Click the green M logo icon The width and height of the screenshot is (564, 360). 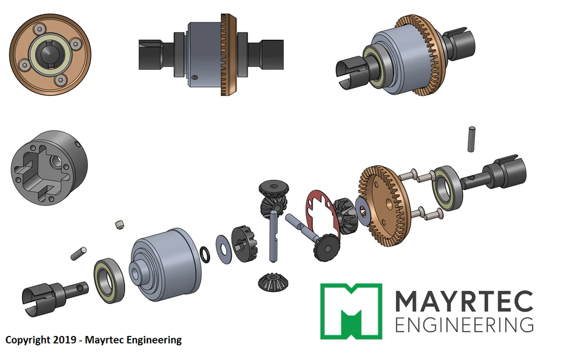click(351, 311)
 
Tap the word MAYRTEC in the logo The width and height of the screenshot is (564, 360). click(464, 301)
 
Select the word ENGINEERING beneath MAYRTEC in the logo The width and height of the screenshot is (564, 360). click(464, 325)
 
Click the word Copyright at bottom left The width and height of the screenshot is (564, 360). click(28, 340)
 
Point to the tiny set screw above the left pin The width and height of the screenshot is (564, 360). click(119, 224)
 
